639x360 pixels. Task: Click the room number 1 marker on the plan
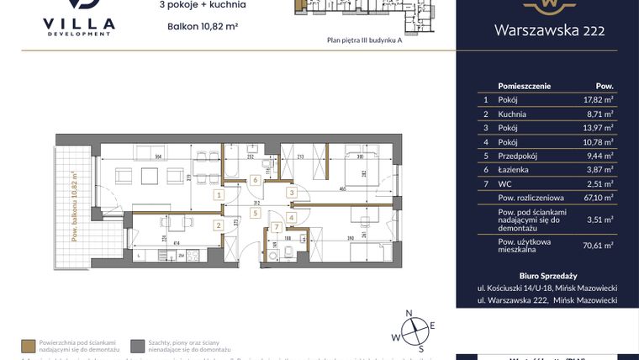219,195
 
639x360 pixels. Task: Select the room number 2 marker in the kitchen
218,225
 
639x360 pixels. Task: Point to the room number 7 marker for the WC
275,227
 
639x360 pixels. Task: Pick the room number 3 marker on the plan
292,193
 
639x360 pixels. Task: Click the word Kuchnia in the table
512,113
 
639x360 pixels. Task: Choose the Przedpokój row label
517,156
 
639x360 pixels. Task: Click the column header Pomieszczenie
525,85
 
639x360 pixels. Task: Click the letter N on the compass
409,314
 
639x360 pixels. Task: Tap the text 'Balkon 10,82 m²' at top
203,27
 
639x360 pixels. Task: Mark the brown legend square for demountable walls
28,346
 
